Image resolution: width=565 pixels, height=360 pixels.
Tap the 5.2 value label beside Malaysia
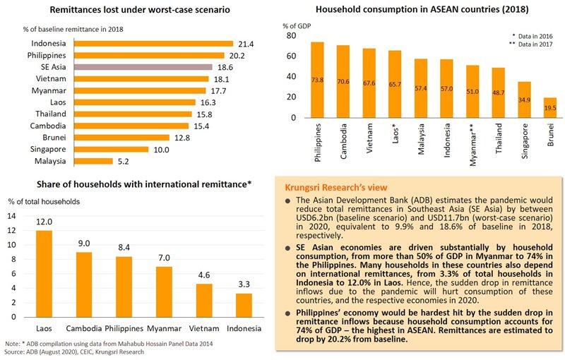[124, 161]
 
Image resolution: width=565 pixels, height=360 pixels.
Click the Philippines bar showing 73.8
[317, 80]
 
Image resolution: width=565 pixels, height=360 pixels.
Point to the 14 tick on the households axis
[11, 217]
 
